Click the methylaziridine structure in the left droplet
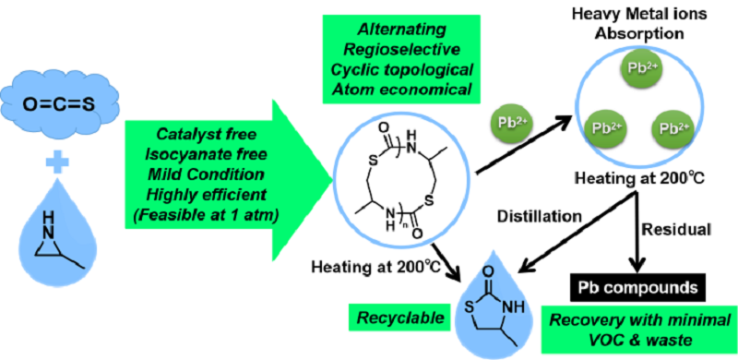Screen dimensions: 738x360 point(56,241)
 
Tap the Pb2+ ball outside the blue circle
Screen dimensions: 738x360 point(510,129)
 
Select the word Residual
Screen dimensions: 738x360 point(673,230)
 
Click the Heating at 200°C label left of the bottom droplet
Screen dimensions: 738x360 point(375,267)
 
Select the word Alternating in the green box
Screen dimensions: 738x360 point(401,29)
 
